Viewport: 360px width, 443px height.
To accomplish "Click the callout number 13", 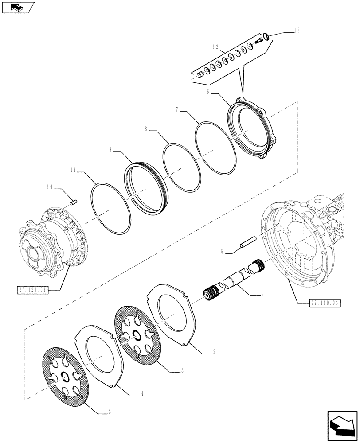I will [297, 31].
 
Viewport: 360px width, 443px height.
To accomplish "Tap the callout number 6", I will [207, 92].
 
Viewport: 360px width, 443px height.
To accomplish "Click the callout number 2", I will [215, 352].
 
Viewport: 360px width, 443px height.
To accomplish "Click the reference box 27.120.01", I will [33, 290].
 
